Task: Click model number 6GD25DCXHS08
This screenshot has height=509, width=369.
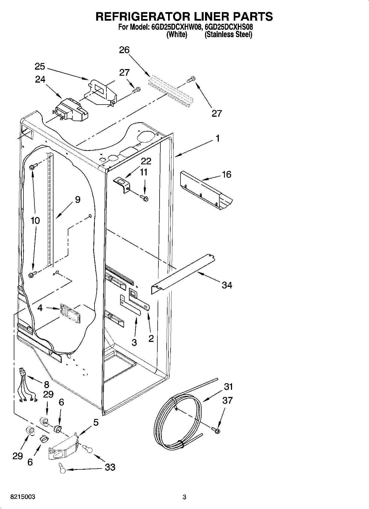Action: click(x=229, y=27)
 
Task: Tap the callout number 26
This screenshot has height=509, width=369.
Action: click(x=124, y=50)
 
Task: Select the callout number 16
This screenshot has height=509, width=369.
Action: click(x=227, y=175)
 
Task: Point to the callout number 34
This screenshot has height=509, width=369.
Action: click(x=227, y=285)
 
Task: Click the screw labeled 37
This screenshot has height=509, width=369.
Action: click(x=216, y=430)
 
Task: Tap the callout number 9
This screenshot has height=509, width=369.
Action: click(x=77, y=200)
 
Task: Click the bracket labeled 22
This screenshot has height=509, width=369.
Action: click(x=122, y=184)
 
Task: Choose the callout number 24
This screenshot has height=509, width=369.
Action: click(x=40, y=80)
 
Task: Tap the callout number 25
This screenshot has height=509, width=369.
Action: click(x=40, y=67)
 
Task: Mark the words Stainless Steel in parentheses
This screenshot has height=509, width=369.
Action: click(x=228, y=35)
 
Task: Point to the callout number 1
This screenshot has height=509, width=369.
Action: click(x=217, y=138)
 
